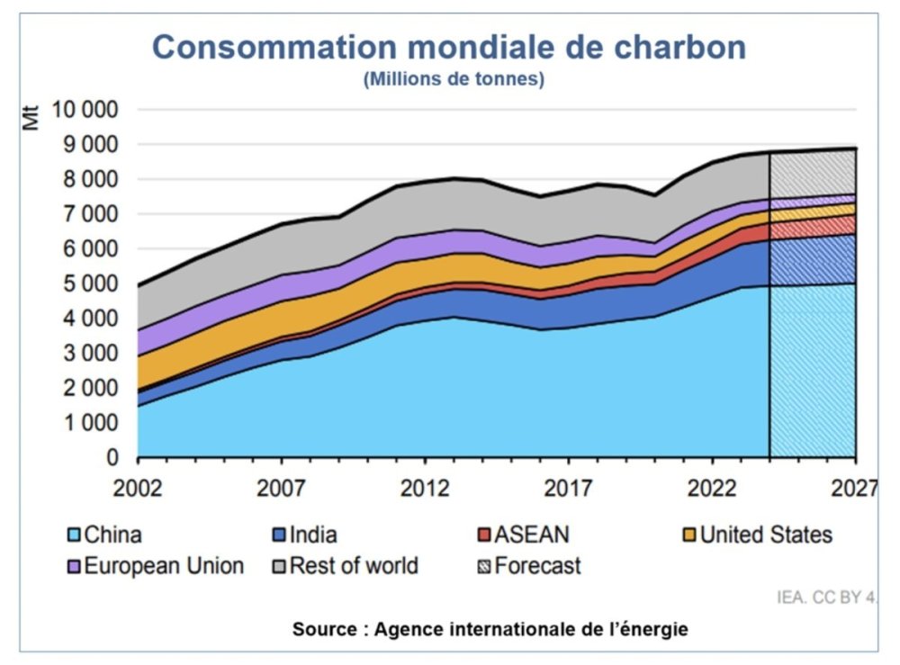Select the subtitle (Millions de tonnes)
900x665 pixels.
click(454, 79)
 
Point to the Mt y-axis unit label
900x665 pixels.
click(33, 118)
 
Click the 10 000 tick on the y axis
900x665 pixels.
click(86, 110)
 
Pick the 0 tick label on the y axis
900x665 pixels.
click(112, 458)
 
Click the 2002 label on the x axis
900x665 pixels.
click(138, 489)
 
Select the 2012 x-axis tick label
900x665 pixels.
click(425, 489)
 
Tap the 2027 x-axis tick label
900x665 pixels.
click(855, 489)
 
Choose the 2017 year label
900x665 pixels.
click(568, 489)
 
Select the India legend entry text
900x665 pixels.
click(314, 535)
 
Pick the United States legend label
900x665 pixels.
click(766, 535)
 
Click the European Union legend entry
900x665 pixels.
click(163, 566)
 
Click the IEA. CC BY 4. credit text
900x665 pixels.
click(826, 596)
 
